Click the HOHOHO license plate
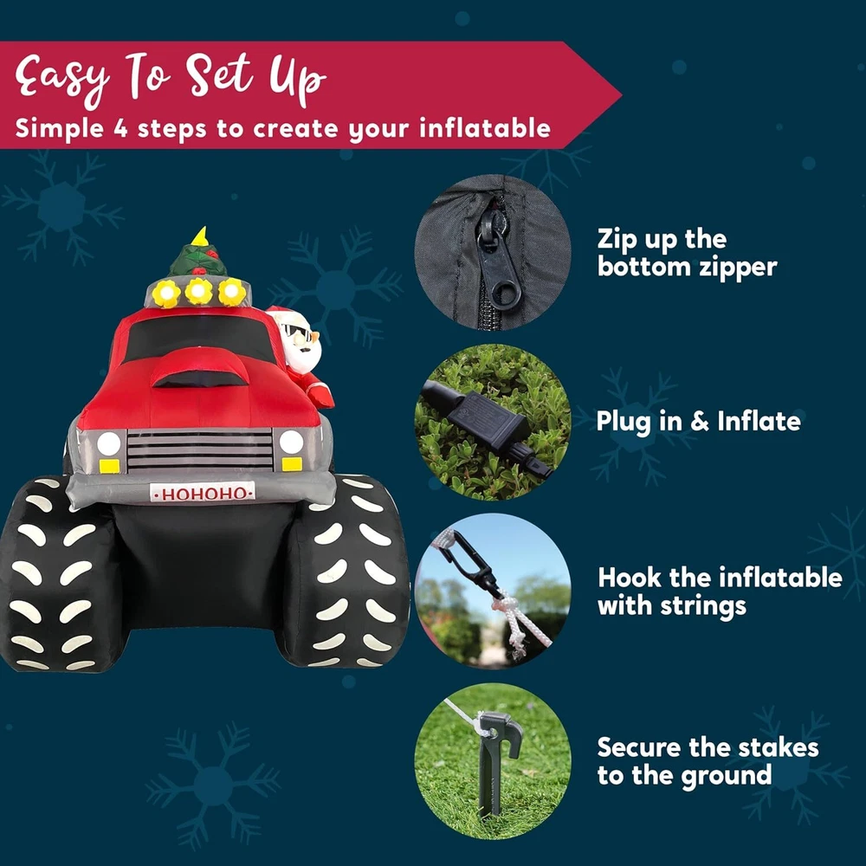point(203,492)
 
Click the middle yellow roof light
point(199,291)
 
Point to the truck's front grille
point(200,449)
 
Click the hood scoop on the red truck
point(200,368)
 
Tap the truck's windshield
point(200,337)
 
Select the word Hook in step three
point(629,578)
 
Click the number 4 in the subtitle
point(120,128)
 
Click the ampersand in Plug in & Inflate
point(699,422)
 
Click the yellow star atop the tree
point(199,236)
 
